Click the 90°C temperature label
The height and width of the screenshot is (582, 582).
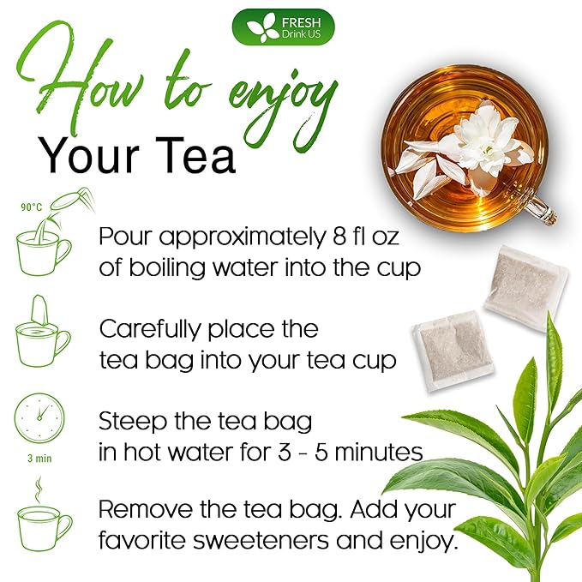(x=32, y=207)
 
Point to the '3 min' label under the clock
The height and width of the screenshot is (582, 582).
(x=38, y=458)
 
